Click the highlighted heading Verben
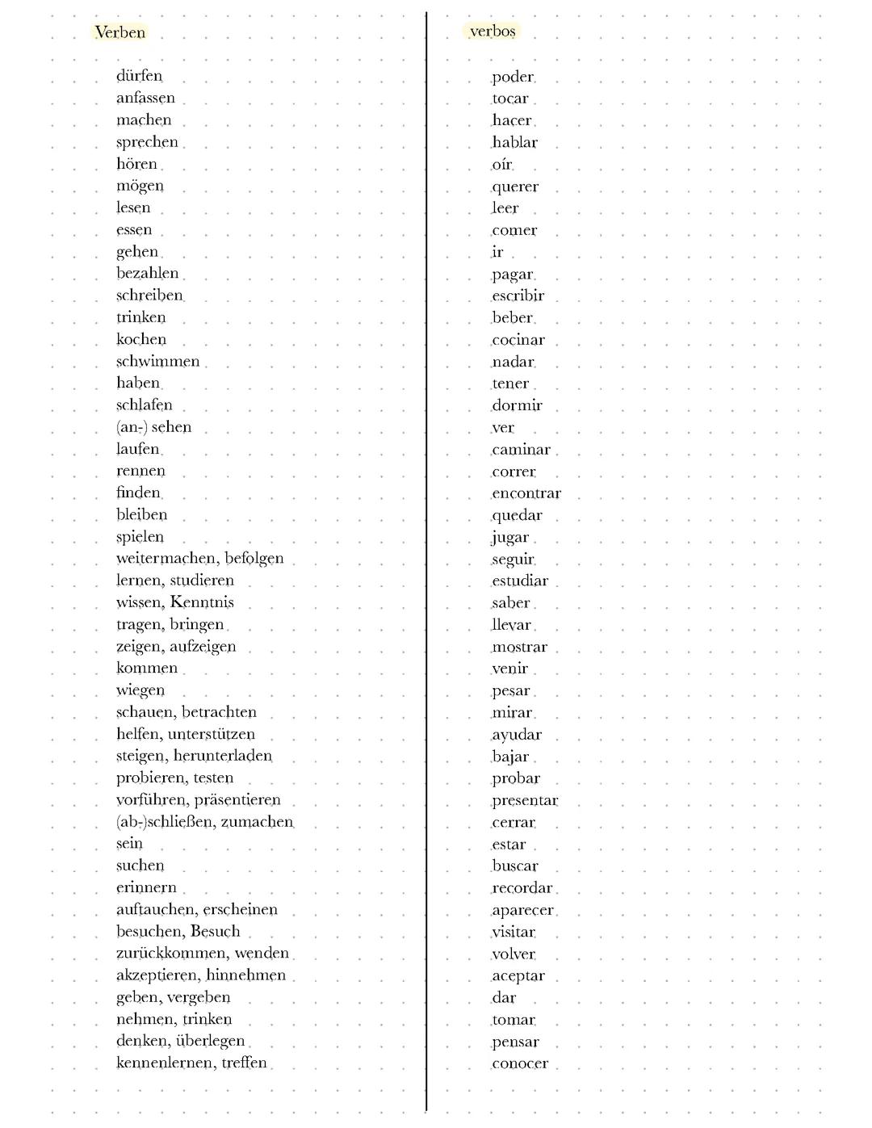120,32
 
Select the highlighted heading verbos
493,31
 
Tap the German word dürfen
139,76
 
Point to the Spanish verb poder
513,77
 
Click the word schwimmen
157,362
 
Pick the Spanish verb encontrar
526,493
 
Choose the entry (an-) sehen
153,427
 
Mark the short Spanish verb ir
497,252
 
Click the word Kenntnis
202,602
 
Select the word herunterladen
223,756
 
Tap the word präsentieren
237,800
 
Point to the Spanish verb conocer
520,1063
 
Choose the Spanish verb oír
501,165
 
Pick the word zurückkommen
170,953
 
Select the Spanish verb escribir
518,296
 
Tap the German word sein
129,844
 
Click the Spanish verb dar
504,998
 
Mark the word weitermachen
166,559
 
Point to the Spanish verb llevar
511,625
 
